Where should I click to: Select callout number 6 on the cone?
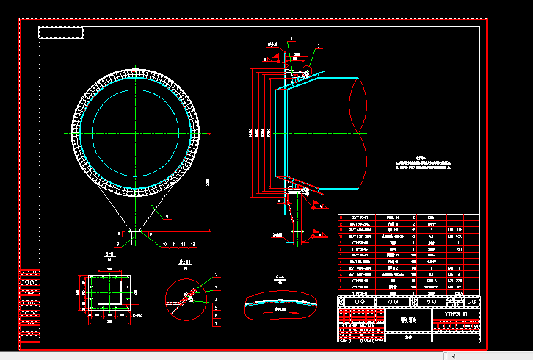pyautogui.click(x=167, y=217)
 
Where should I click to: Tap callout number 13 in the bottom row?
pyautogui.click(x=192, y=242)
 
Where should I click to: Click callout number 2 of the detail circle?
pyautogui.click(x=217, y=274)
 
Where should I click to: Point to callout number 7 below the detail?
pyautogui.click(x=217, y=323)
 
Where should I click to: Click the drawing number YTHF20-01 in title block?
pyautogui.click(x=456, y=314)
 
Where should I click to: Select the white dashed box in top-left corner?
pyautogui.click(x=61, y=32)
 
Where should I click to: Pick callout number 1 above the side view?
pyautogui.click(x=291, y=37)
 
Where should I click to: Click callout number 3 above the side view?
pyautogui.click(x=319, y=46)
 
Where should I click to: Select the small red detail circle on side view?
pyautogui.click(x=305, y=72)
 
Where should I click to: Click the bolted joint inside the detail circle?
pyautogui.click(x=188, y=297)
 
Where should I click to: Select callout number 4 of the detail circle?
pyautogui.click(x=217, y=299)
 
